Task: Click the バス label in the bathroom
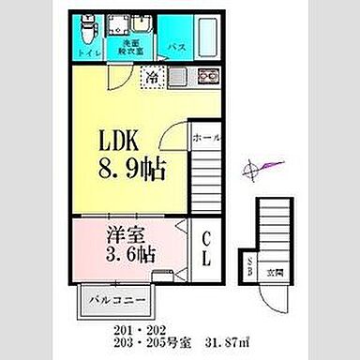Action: [175, 47]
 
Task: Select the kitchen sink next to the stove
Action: [180, 78]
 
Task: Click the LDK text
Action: [121, 143]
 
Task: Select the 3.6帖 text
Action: [127, 254]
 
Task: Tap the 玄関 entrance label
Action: [276, 275]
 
